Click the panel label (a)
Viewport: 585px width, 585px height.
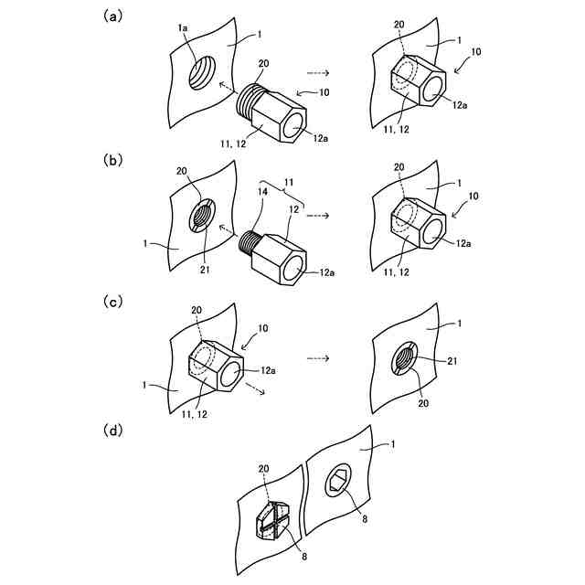(x=112, y=16)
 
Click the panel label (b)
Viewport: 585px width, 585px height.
(x=112, y=161)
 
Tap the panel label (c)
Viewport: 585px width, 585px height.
(x=112, y=302)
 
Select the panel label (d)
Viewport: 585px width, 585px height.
(x=112, y=431)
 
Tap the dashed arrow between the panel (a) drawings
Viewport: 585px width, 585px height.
(x=318, y=73)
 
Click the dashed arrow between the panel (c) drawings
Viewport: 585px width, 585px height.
(x=318, y=358)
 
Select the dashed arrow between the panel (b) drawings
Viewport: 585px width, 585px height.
(x=318, y=216)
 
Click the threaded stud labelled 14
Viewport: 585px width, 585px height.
(x=248, y=244)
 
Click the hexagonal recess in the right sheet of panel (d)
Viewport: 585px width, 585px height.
(x=337, y=481)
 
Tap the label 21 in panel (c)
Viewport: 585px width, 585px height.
(x=452, y=361)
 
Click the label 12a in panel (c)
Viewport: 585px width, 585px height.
(x=268, y=370)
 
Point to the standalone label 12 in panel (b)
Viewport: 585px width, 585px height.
(x=294, y=209)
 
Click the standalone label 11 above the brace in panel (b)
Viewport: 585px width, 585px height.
(x=289, y=182)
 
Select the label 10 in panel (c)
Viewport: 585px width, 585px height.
(x=263, y=328)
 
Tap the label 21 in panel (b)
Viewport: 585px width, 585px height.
(x=205, y=269)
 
